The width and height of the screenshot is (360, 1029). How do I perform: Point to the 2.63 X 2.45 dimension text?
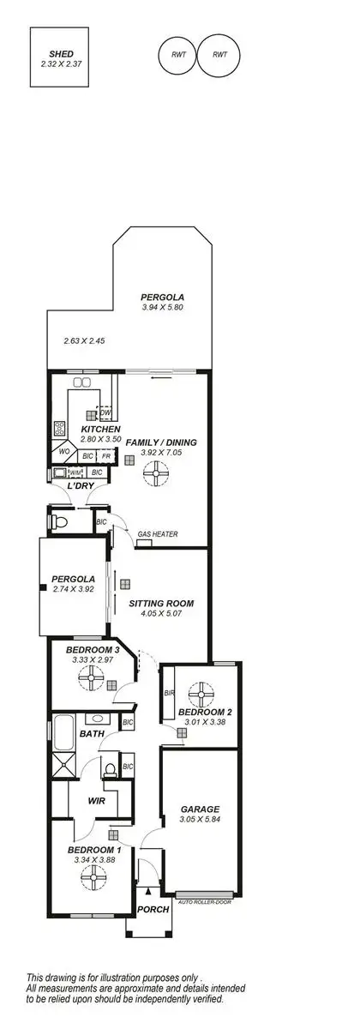(83, 340)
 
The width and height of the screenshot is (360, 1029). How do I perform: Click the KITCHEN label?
(100, 429)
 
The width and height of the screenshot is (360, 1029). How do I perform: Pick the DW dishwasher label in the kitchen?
(105, 413)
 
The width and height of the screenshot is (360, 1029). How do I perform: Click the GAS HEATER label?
(158, 534)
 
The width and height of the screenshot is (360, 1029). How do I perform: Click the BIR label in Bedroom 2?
(170, 694)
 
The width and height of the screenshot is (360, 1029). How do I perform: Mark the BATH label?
(92, 734)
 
